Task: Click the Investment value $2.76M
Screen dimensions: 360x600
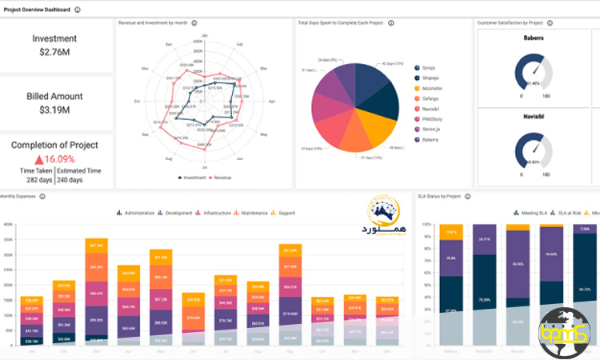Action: point(54,52)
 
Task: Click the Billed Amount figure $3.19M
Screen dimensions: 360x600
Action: point(54,110)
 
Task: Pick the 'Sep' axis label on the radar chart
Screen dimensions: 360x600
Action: point(146,135)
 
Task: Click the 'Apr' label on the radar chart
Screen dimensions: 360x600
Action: point(272,101)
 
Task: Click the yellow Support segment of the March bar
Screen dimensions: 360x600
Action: point(96,245)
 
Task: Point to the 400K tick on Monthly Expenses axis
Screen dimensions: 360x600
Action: point(8,225)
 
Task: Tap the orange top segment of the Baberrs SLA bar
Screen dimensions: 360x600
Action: point(451,232)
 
